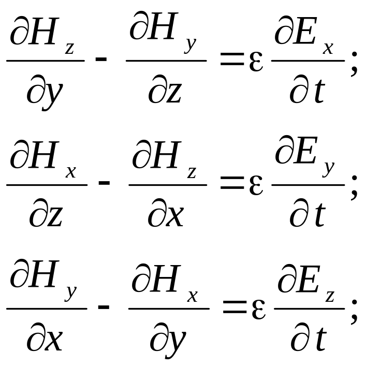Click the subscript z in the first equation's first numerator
tap(69, 49)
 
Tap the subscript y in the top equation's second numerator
tap(190, 45)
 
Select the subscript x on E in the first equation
tap(328, 49)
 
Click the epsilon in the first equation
tap(256, 61)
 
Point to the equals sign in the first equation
tap(232, 60)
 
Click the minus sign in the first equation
tap(101, 60)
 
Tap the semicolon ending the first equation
tap(354, 63)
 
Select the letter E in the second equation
tap(304, 150)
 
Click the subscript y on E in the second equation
tap(328, 169)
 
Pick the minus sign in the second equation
tap(104, 183)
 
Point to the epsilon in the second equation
tap(256, 185)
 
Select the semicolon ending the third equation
tap(354, 311)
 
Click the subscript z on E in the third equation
tap(330, 297)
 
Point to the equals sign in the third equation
tap(235, 306)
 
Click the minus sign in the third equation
tap(104, 306)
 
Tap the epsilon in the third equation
tap(259, 310)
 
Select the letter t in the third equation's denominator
tap(320, 339)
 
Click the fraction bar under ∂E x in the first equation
tap(308, 61)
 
